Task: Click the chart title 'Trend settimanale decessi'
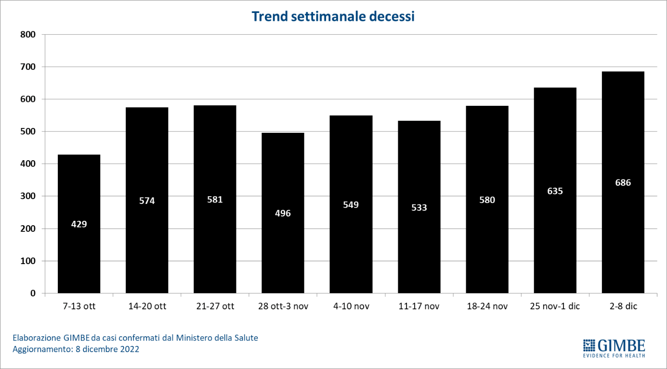tap(333, 16)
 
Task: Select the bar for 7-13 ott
tap(79, 250)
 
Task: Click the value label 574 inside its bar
tap(147, 201)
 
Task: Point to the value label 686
tap(623, 183)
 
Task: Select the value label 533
tap(419, 208)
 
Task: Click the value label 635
tap(555, 191)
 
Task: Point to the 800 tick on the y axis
tap(28, 35)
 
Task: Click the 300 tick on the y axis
tap(28, 196)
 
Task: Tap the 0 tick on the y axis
tap(33, 293)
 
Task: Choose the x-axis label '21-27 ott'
tap(215, 306)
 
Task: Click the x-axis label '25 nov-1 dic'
tap(555, 306)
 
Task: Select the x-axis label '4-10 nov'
tap(351, 306)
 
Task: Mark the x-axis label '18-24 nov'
tap(487, 306)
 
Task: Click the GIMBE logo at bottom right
tap(614, 345)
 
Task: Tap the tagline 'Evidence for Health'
tap(614, 356)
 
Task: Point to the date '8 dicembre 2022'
tap(107, 349)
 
